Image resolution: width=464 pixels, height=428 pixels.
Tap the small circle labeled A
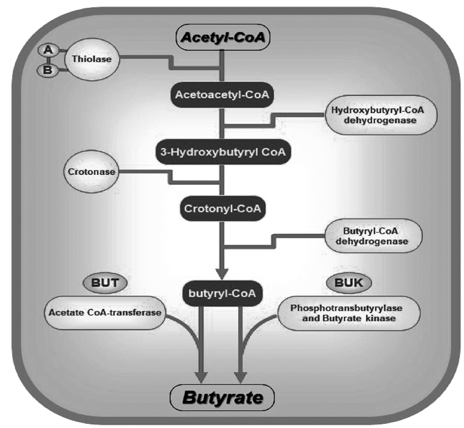48,49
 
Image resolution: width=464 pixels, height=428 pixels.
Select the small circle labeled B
48,70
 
